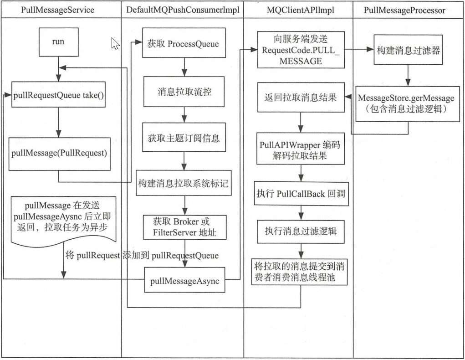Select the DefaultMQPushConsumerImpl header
click(x=182, y=10)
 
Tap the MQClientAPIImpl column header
click(x=298, y=10)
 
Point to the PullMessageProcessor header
click(x=405, y=10)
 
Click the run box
click(x=58, y=41)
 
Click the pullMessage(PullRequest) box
click(x=59, y=153)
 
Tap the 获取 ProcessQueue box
click(x=184, y=44)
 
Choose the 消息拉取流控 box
click(x=184, y=91)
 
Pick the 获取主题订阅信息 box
click(x=184, y=137)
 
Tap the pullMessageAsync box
click(x=184, y=281)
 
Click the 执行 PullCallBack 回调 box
click(x=300, y=193)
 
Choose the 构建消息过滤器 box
click(x=408, y=51)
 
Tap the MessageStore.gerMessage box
click(x=407, y=103)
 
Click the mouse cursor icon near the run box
click(x=115, y=44)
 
